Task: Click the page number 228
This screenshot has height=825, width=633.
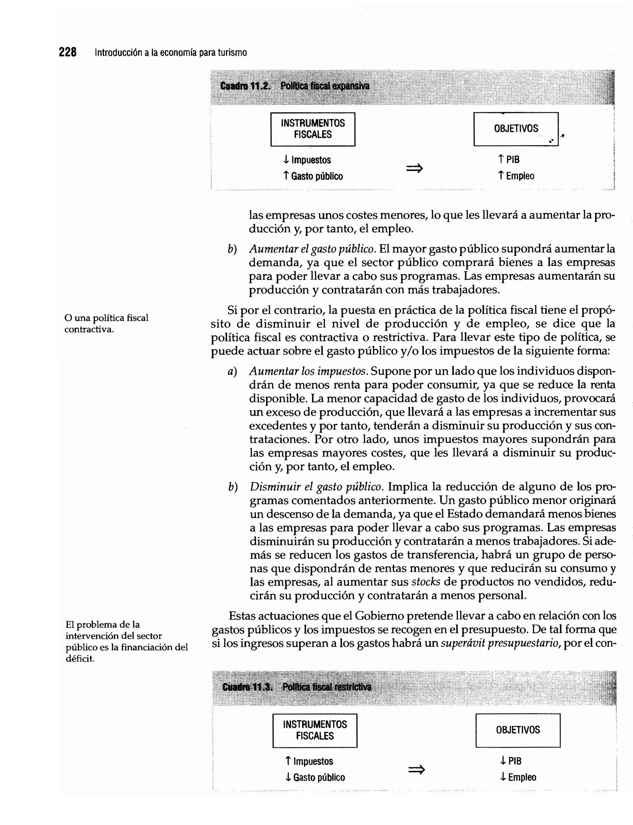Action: coord(68,52)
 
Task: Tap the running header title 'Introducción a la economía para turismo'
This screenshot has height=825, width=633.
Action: coord(171,53)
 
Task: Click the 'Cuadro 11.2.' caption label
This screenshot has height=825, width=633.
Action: coord(245,86)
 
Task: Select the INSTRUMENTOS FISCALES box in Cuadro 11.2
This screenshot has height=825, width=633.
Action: coord(313,129)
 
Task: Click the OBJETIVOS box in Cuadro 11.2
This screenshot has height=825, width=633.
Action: coord(516,129)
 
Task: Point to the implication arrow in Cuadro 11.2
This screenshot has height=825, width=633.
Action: coord(414,168)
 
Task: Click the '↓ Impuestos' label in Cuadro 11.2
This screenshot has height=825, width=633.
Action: coord(307,160)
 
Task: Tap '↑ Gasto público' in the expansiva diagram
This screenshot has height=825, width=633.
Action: coord(313,176)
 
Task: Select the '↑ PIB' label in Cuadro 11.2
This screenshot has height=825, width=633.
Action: coord(509,160)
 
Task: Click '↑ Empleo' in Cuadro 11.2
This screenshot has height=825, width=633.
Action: coord(516,176)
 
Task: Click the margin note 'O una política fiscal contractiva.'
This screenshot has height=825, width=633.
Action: coord(106,323)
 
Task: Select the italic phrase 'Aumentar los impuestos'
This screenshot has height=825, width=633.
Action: coord(308,371)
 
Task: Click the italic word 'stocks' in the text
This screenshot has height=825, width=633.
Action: coord(426,582)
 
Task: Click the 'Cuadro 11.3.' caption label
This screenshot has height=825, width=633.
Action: coord(247,687)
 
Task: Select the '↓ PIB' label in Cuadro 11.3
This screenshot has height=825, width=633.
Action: coord(511,761)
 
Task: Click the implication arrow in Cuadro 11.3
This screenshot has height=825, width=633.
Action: coord(416,770)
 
